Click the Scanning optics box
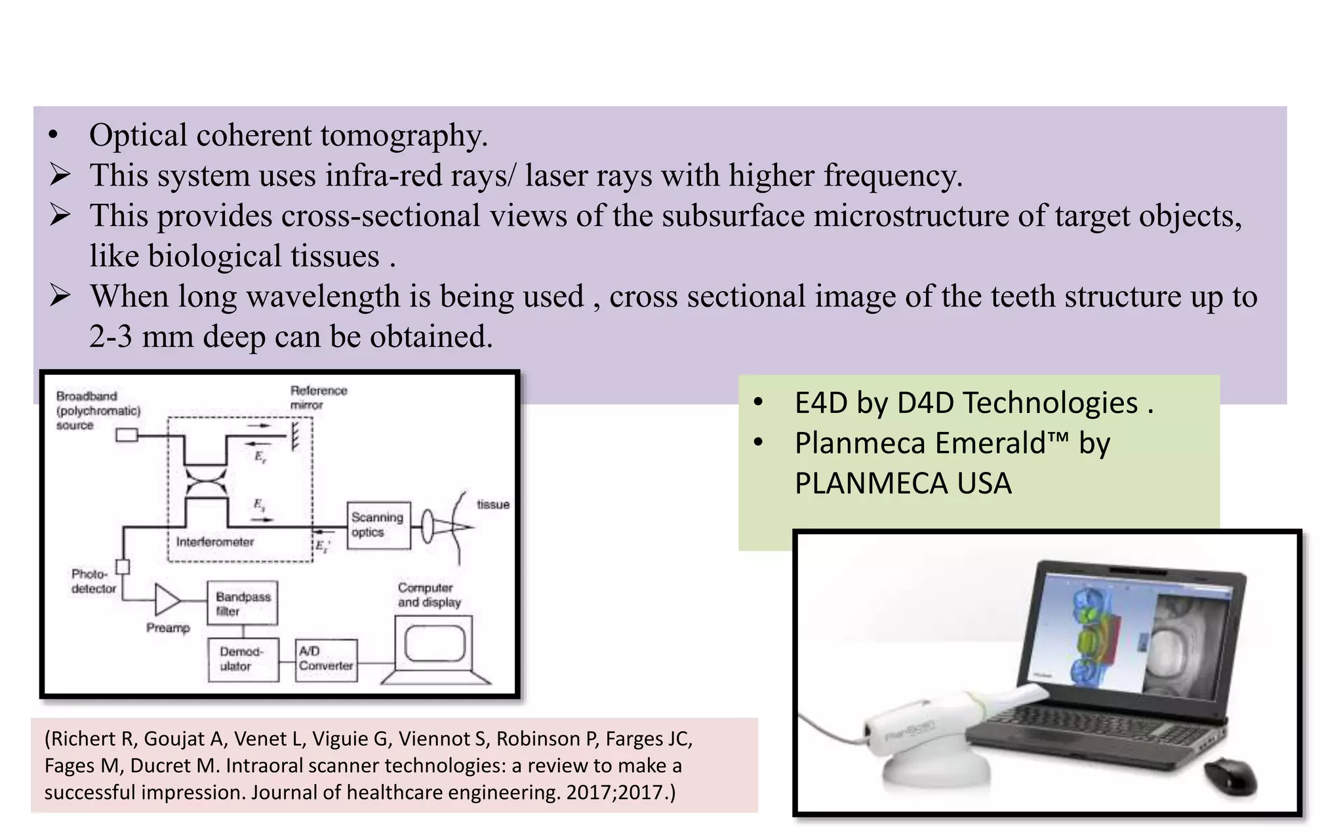tap(378, 525)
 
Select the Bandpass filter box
tap(243, 603)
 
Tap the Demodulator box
tap(243, 659)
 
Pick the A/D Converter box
tap(326, 659)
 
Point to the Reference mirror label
tap(318, 397)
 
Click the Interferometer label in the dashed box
tap(214, 542)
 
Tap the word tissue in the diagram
tap(492, 504)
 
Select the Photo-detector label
tap(93, 581)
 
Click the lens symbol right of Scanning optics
tap(427, 526)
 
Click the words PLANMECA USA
tap(903, 484)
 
